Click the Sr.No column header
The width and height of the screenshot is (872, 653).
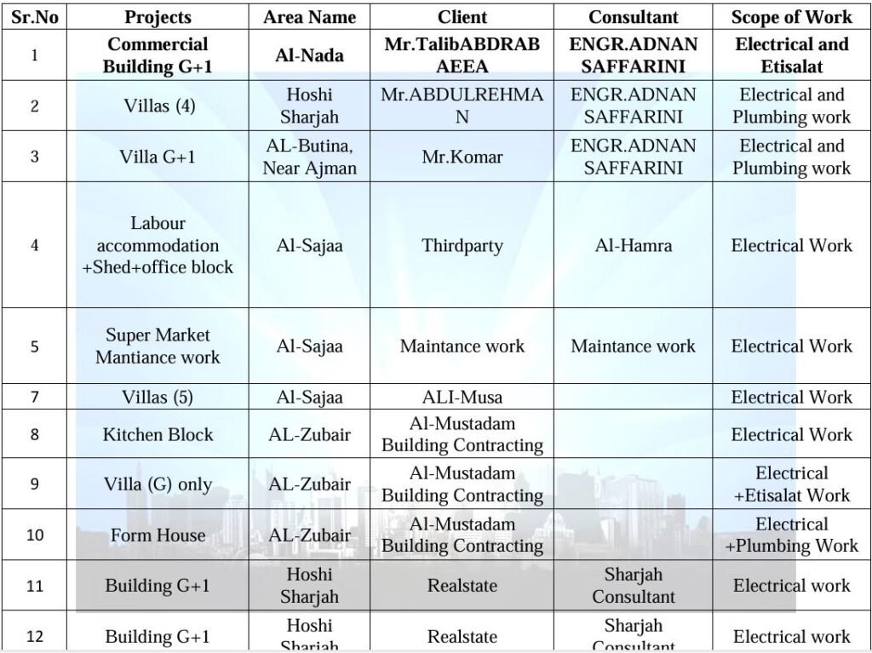point(35,17)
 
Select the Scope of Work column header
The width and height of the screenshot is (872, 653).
point(791,17)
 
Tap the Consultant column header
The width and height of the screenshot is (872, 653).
point(633,17)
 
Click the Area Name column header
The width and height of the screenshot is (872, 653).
point(309,17)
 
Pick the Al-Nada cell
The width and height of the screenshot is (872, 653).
point(309,55)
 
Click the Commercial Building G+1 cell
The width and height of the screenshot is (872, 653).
point(158,55)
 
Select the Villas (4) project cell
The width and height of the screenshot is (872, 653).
point(158,106)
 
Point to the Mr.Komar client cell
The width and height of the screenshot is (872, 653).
point(462,157)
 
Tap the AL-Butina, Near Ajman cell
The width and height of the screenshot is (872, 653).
point(309,157)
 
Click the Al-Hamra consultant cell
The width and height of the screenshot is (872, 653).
point(633,245)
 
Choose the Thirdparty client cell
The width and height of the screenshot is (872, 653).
point(462,245)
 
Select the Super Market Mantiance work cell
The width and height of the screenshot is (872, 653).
point(158,346)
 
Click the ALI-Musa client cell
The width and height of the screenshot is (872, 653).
point(462,397)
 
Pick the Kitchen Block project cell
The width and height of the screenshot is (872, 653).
point(158,434)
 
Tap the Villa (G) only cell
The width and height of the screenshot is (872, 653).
point(158,484)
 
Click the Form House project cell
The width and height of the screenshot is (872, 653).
point(158,536)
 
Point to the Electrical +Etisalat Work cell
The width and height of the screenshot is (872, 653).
point(791,484)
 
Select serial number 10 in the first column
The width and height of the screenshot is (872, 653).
point(35,536)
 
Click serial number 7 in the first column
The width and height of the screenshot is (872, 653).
point(35,397)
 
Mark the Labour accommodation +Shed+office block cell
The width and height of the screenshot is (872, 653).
point(158,245)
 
